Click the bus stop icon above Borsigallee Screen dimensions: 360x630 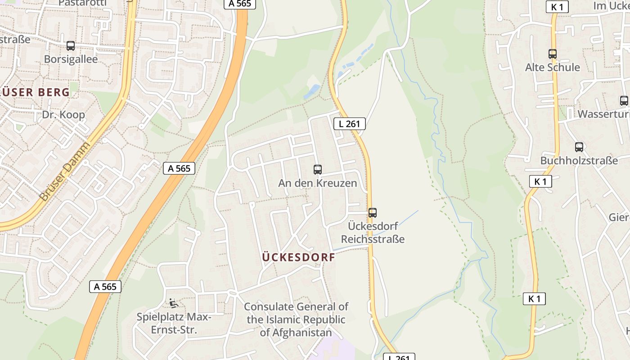[71, 45]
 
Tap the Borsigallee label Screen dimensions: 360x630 [71, 59]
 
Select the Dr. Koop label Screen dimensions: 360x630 [63, 115]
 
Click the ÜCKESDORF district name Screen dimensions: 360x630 [298, 257]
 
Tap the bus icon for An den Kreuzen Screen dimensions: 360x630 [318, 170]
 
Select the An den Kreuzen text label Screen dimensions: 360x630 [317, 183]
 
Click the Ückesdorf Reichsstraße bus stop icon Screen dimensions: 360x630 [373, 213]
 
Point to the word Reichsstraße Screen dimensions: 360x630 [372, 239]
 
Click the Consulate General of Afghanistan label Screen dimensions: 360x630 [296, 319]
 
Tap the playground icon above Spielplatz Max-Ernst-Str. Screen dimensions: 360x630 [174, 303]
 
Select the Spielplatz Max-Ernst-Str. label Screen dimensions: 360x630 [174, 324]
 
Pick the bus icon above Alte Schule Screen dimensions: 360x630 [553, 54]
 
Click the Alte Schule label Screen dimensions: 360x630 [553, 67]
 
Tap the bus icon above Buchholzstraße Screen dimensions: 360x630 [579, 147]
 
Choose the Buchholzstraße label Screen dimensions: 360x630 [579, 161]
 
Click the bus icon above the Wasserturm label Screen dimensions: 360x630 [624, 101]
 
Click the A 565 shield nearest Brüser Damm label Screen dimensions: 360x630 [179, 168]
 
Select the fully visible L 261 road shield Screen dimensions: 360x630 [349, 124]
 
